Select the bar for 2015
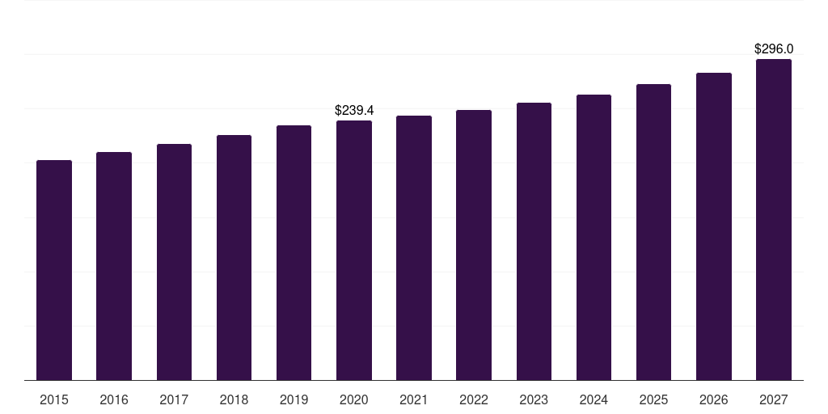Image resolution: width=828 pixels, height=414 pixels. [x=54, y=270]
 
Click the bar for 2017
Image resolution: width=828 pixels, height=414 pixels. [x=174, y=262]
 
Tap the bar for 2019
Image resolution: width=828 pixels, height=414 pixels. [x=294, y=252]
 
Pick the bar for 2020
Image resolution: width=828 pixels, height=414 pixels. [x=354, y=250]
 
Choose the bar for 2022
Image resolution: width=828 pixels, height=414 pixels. [x=474, y=245]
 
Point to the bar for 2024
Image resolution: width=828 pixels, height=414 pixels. [x=594, y=237]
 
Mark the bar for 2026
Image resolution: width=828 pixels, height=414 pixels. [x=714, y=226]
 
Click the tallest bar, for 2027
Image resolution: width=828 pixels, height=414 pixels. [x=774, y=219]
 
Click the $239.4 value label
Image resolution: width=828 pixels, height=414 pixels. [x=354, y=110]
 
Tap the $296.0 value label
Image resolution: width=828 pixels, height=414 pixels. [x=774, y=49]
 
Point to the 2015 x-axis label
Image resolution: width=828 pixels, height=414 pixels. [x=54, y=399]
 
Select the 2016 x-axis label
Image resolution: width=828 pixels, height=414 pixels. [x=114, y=399]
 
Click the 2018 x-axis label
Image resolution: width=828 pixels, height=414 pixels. [x=234, y=399]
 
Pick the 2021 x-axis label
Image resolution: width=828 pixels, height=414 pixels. [x=414, y=399]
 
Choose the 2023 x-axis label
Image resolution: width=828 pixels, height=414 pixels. [x=534, y=399]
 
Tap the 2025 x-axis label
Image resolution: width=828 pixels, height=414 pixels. [x=653, y=399]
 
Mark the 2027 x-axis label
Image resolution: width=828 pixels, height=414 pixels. [x=774, y=399]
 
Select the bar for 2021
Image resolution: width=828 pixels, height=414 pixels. [x=414, y=247]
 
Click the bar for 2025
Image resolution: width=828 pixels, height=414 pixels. [x=653, y=232]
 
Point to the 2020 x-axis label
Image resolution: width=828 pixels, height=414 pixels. [x=354, y=399]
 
